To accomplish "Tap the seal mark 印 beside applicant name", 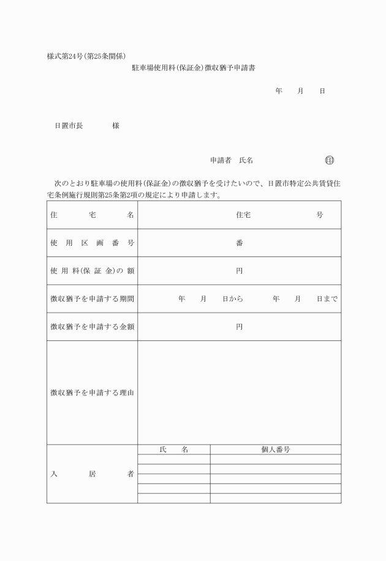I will point(330,161).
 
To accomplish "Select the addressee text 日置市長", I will point(69,126).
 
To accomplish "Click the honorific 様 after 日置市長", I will point(116,126).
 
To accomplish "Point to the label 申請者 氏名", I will point(232,161).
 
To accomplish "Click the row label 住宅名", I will point(92,215).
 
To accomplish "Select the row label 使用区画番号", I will point(92,243).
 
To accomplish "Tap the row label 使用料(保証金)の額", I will point(92,271).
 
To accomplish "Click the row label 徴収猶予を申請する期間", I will point(92,299).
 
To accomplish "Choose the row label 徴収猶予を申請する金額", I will point(92,327).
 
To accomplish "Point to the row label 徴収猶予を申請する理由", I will point(92,392).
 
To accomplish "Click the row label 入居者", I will point(92,474).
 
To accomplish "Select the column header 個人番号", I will point(275,449).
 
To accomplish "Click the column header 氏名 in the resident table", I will point(173,449).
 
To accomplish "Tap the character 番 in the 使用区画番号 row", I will point(240,243).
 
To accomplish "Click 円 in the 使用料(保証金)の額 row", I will point(240,271).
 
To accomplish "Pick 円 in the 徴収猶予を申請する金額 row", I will point(240,327).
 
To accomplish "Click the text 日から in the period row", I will point(233,299).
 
